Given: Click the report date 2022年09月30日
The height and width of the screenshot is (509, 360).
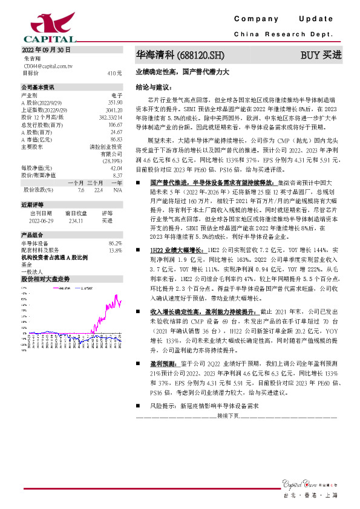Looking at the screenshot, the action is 47,50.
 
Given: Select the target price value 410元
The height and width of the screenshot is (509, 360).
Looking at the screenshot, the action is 114,73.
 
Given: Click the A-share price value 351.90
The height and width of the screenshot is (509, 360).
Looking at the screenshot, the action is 114,103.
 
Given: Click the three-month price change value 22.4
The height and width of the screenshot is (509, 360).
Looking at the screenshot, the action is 96,189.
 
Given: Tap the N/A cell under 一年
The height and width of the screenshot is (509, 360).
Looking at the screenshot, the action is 117,189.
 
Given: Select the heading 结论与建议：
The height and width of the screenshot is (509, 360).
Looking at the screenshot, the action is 151,88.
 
